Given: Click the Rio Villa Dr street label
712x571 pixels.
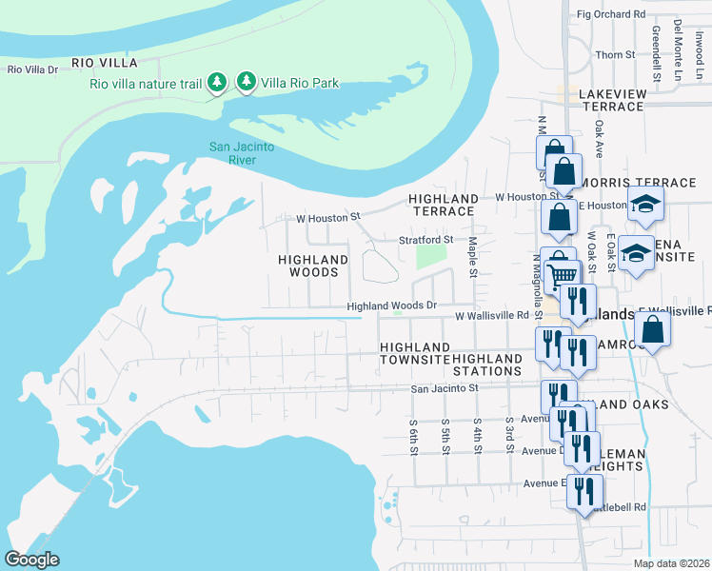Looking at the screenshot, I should (33, 69).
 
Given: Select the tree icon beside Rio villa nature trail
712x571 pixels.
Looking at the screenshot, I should (218, 83).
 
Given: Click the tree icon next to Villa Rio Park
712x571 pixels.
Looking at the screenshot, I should (247, 83).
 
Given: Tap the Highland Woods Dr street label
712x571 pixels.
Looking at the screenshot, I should (391, 305).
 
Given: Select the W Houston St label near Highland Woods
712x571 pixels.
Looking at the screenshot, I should (329, 217).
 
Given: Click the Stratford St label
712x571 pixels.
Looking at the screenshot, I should (425, 239).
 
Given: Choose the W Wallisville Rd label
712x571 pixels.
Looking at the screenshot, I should (491, 315).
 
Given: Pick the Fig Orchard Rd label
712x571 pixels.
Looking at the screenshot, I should (611, 14).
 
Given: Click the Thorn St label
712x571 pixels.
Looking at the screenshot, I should (614, 55).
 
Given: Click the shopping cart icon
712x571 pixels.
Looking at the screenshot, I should (563, 273).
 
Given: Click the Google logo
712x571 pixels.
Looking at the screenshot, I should (31, 560).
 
